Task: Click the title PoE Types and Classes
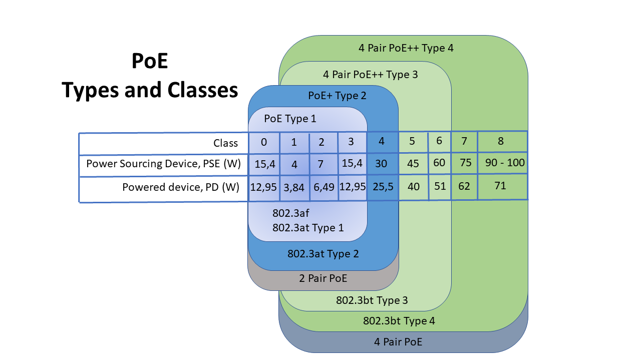[150, 76]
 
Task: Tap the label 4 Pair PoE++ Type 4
[406, 49]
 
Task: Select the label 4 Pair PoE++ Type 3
[371, 75]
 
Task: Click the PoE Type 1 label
[290, 119]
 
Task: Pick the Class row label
[225, 143]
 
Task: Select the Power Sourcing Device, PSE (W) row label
[163, 164]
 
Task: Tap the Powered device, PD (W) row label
[180, 187]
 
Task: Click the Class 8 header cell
[501, 141]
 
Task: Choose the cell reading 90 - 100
[502, 163]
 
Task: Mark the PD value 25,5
[382, 187]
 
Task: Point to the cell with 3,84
[294, 187]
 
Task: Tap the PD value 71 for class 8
[500, 186]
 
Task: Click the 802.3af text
[287, 213]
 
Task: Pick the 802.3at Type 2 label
[323, 253]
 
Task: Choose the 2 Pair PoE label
[323, 278]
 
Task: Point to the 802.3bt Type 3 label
[372, 300]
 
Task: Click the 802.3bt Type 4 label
[399, 321]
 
